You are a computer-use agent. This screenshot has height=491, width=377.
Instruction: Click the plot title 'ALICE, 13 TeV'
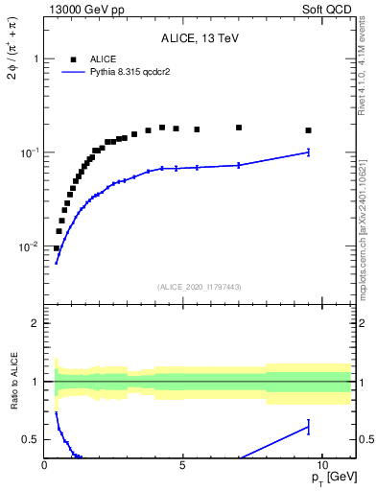[200, 38]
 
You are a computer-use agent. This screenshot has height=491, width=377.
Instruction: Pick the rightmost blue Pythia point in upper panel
[308, 152]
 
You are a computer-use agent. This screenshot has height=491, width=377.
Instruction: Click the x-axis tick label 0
[45, 464]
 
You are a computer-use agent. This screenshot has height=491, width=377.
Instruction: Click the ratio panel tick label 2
[35, 323]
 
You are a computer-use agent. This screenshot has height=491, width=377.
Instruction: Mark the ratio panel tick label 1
[35, 382]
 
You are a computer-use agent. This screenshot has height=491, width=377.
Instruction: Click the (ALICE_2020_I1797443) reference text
[200, 287]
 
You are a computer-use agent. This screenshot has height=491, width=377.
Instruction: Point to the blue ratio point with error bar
[308, 426]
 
